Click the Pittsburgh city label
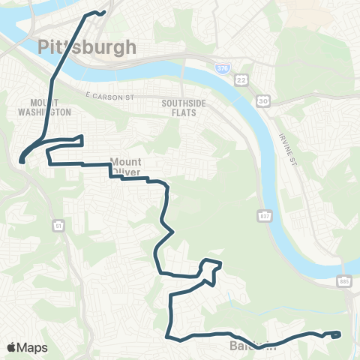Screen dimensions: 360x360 click(87, 47)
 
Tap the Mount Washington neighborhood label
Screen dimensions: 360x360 click(51, 106)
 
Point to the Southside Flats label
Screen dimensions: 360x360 click(178, 107)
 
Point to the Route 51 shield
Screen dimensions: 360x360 click(58, 224)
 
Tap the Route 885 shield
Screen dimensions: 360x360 click(343, 280)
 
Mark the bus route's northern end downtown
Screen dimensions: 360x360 click(102, 12)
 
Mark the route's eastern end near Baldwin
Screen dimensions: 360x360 click(339, 334)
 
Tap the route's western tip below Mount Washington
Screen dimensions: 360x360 click(22, 159)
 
